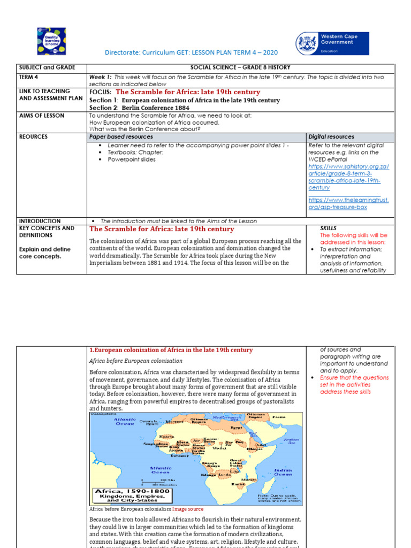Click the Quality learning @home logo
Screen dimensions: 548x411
(51, 42)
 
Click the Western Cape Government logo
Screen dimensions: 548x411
(332, 43)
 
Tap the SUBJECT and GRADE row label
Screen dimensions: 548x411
(47, 68)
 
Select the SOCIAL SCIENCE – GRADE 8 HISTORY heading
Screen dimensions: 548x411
(240, 68)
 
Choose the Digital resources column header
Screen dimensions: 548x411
(331, 137)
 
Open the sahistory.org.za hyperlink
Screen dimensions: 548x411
(348, 177)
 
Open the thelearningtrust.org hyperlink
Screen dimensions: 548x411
(348, 203)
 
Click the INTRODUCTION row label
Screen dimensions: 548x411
(40, 221)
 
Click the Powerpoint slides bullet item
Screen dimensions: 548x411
(132, 159)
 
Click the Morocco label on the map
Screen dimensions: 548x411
(174, 422)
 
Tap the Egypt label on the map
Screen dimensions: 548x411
(236, 428)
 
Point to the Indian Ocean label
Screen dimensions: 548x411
(283, 473)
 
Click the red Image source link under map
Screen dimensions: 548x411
(188, 509)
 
